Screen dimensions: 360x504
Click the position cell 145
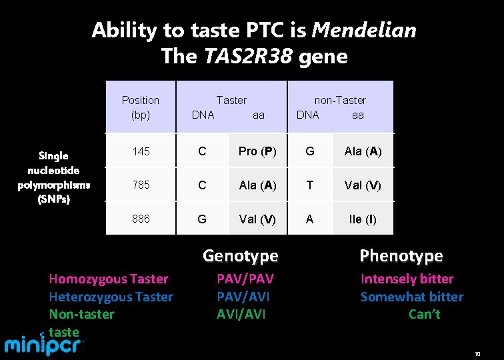(141, 151)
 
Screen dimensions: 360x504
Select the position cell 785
(141, 185)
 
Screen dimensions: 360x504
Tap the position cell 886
(141, 219)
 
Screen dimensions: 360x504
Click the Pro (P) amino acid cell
(257, 151)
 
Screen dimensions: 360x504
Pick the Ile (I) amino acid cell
(363, 219)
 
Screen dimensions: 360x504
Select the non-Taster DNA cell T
(309, 185)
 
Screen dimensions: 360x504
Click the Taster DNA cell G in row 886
(202, 219)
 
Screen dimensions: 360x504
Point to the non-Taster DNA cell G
(309, 151)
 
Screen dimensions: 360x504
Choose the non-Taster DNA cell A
(309, 219)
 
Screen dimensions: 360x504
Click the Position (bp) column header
(141, 107)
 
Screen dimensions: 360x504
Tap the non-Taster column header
(340, 100)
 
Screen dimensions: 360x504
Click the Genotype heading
(240, 256)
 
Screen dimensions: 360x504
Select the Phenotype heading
(401, 256)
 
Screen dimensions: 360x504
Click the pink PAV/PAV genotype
(245, 279)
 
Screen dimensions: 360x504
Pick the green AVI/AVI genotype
(241, 314)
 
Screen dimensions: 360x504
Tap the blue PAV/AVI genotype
(243, 297)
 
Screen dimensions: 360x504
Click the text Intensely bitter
(407, 279)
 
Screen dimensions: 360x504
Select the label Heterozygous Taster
(111, 297)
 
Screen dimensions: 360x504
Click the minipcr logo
(45, 345)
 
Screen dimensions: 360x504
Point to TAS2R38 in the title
(247, 57)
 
